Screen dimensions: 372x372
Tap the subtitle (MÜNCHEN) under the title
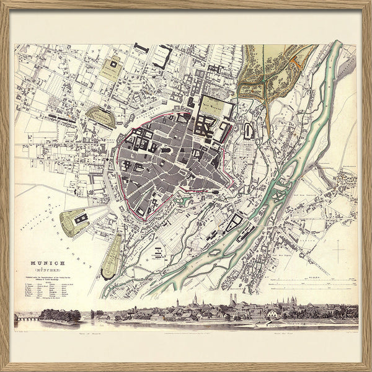coord(43,270)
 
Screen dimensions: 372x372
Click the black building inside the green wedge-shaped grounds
coord(79,218)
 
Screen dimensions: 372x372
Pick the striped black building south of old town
coord(157,253)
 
